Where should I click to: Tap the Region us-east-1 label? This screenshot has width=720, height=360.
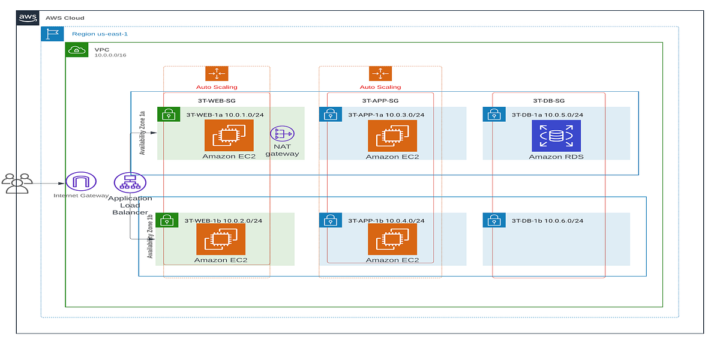tap(100, 34)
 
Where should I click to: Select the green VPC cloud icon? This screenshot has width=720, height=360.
tap(77, 50)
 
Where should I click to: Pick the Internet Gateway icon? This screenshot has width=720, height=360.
tap(81, 182)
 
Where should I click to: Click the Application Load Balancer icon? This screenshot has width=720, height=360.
tap(130, 182)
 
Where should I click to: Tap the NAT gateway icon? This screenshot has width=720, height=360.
tap(281, 135)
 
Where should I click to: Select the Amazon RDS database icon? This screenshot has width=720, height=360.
tap(556, 136)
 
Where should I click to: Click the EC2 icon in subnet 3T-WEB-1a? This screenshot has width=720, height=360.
tap(229, 136)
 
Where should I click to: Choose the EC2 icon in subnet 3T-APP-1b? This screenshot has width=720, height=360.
tap(392, 239)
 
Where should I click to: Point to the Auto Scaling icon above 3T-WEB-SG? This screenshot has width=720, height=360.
tap(217, 74)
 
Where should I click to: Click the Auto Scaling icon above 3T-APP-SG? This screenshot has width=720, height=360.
tap(380, 74)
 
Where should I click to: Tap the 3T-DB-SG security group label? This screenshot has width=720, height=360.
tap(548, 101)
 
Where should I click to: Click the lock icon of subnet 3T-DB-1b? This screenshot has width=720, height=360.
tap(494, 220)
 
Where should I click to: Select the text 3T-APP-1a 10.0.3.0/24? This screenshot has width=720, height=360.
tap(386, 115)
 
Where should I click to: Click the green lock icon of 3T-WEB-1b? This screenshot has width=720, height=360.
tap(167, 220)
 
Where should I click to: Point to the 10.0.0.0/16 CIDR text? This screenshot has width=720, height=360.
tap(110, 55)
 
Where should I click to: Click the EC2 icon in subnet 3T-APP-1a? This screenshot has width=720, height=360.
tap(392, 136)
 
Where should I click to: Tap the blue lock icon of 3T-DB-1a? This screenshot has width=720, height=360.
tap(494, 115)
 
